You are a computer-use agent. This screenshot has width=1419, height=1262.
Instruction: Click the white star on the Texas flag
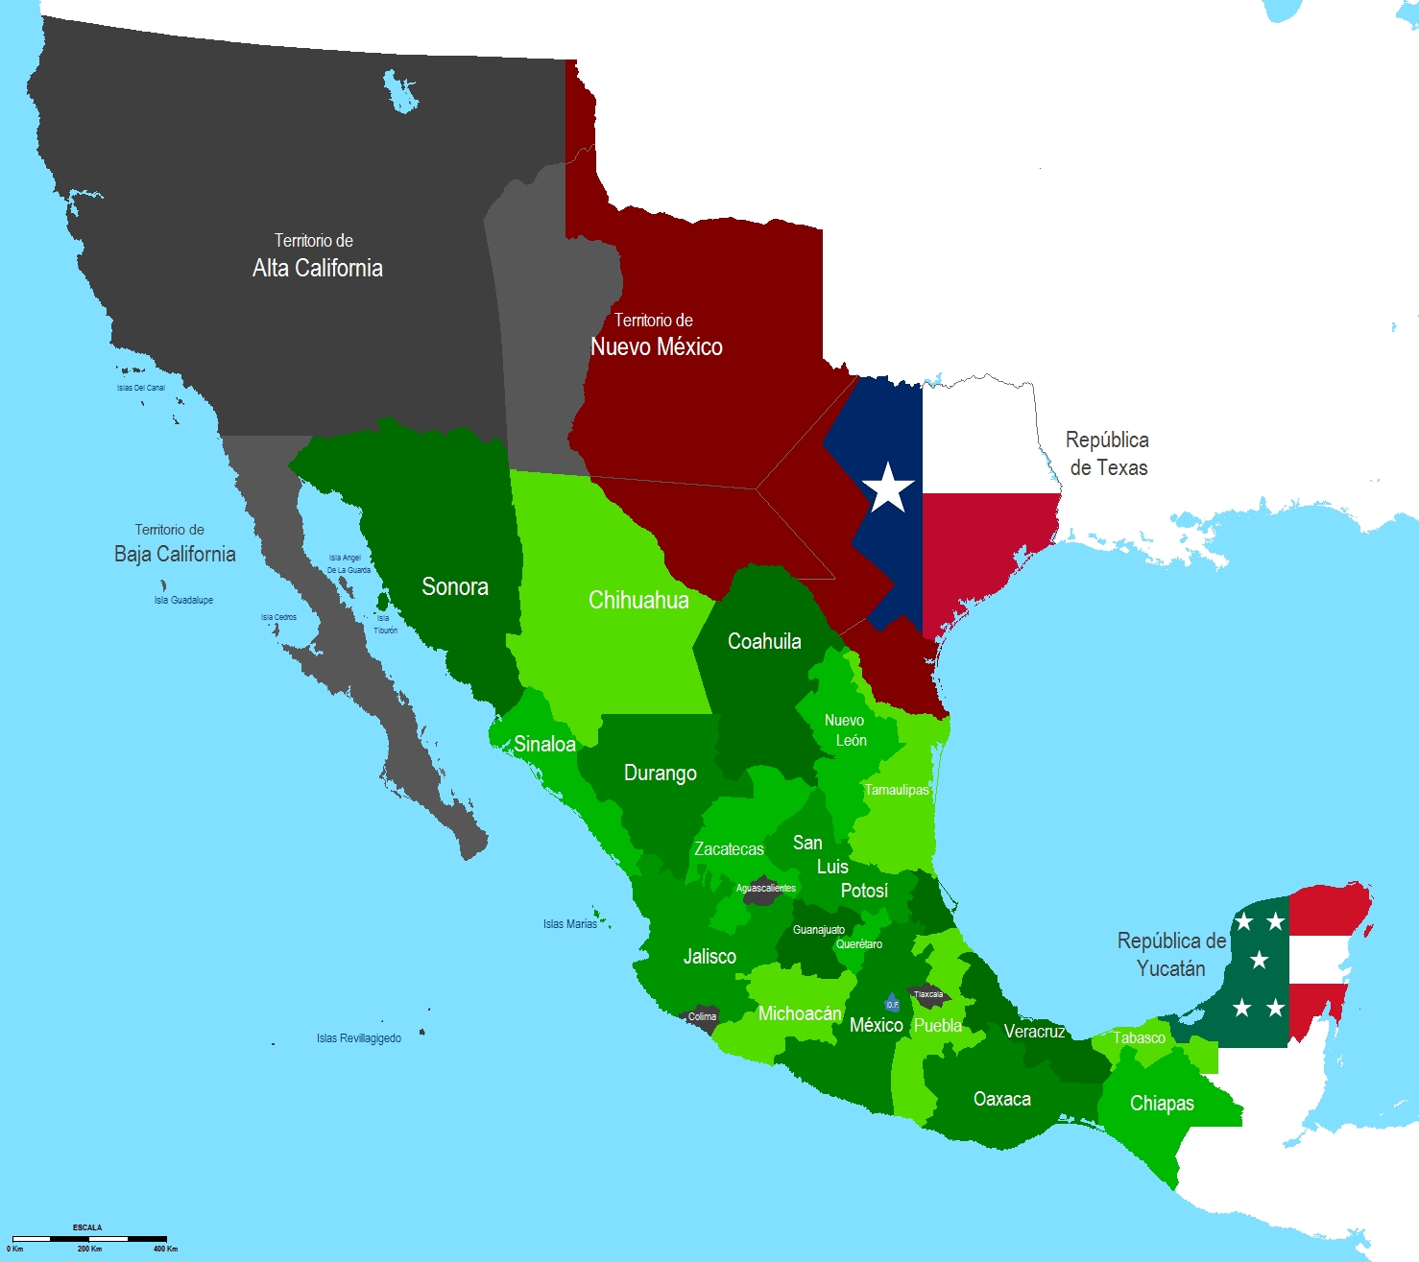coord(889,488)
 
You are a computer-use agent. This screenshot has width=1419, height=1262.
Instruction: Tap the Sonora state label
coord(455,586)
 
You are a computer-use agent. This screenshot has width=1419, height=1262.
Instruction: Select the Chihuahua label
coord(638,600)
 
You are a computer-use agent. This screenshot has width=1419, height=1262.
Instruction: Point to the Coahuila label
coord(764,641)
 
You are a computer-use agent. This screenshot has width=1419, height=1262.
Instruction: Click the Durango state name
coord(661,773)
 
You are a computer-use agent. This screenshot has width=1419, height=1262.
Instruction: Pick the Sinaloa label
coord(544,744)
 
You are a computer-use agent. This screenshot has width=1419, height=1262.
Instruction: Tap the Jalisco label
coord(709,956)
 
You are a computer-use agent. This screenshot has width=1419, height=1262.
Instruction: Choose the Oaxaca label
coord(1002,1099)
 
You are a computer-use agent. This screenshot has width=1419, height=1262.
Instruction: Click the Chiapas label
coord(1162,1103)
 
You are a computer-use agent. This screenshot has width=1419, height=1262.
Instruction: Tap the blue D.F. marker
coord(892,1004)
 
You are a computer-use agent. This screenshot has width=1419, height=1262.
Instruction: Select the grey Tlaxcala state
coord(928,995)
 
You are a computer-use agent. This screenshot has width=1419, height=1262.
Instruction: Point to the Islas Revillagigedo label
coord(359,1038)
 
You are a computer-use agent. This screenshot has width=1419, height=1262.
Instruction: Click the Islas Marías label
coord(570,924)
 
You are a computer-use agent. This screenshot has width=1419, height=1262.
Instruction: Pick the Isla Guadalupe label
coord(183,600)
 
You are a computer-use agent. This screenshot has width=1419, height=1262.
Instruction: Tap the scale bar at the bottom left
coord(89,1239)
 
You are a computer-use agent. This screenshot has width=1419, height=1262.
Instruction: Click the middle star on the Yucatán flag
coord(1259,960)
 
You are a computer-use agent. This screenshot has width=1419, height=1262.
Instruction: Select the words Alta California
coord(317,268)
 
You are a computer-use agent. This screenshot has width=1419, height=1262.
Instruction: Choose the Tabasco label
coord(1140,1037)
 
